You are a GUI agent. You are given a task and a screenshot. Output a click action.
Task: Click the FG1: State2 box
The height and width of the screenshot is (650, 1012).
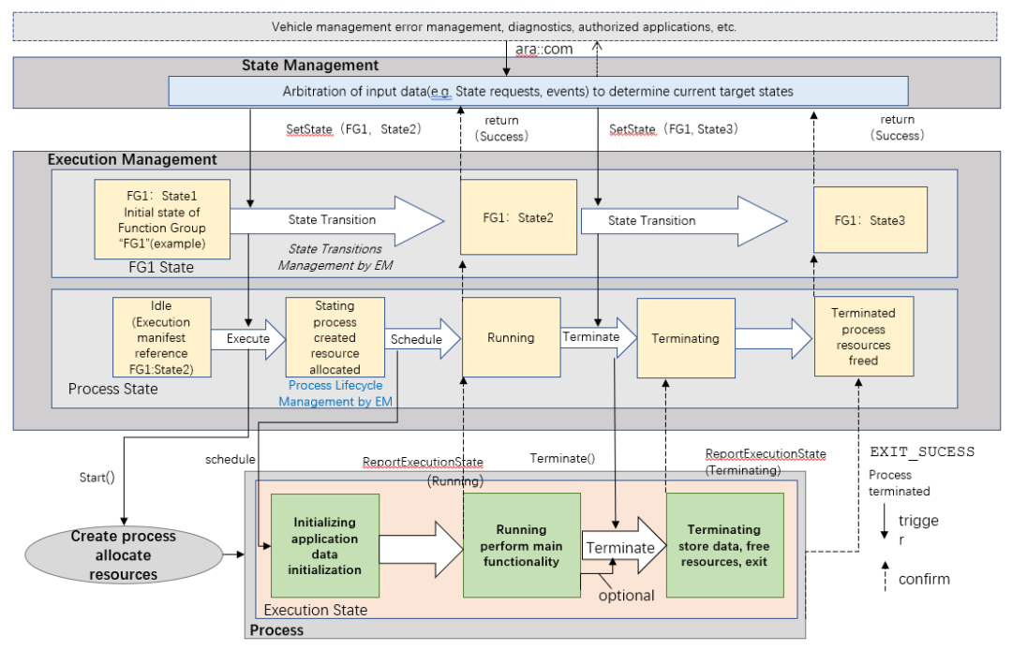click(x=518, y=219)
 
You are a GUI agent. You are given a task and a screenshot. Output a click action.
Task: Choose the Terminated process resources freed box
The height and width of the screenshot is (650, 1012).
click(x=863, y=336)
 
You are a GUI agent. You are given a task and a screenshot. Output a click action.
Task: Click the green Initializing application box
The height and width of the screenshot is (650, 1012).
click(x=324, y=545)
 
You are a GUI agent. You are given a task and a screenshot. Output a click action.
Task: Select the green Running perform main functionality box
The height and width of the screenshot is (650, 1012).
click(x=520, y=545)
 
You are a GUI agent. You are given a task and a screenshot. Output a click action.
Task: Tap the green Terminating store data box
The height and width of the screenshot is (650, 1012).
click(x=724, y=545)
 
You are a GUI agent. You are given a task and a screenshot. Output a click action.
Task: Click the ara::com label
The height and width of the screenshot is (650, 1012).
click(x=546, y=49)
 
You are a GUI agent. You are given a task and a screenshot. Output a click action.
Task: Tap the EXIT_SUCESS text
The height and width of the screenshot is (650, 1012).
click(x=922, y=451)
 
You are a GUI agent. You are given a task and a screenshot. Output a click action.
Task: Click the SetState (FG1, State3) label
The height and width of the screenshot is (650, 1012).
click(x=674, y=128)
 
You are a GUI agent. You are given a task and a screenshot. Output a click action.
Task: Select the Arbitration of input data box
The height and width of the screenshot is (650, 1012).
click(x=538, y=92)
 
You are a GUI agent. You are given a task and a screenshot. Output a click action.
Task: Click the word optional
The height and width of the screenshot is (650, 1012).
click(x=627, y=596)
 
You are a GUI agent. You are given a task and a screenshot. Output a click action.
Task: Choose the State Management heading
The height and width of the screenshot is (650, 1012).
click(x=310, y=66)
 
